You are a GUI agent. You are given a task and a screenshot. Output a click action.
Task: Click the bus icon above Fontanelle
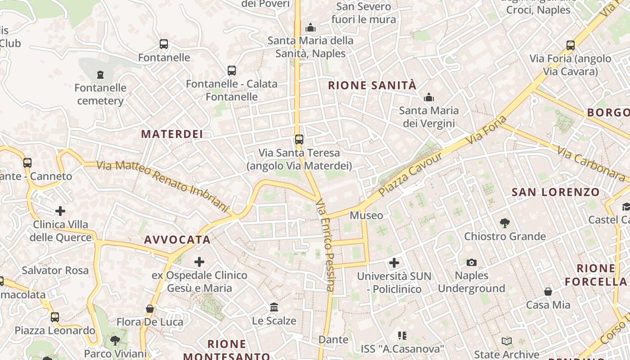click(164, 44)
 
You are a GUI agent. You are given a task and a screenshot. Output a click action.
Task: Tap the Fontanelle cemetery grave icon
click(100, 74)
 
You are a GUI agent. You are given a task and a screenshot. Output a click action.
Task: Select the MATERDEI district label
click(172, 134)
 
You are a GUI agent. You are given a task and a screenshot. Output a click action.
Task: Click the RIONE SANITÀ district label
click(372, 85)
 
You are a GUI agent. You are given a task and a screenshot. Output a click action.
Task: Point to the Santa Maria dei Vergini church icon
click(429, 97)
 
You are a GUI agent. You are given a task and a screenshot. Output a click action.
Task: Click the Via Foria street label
click(487, 130)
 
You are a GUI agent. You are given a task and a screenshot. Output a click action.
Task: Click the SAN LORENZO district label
click(556, 193)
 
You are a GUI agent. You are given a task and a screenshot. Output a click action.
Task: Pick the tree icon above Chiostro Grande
click(505, 222)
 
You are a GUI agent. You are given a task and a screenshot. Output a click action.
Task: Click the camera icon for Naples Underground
click(471, 262)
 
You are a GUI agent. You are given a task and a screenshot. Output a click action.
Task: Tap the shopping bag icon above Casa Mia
click(548, 292)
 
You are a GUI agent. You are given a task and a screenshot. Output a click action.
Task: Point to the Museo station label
click(366, 216)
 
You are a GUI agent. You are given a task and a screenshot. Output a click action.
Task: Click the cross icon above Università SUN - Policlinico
click(394, 262)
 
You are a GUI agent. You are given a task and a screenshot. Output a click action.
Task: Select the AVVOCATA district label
click(177, 240)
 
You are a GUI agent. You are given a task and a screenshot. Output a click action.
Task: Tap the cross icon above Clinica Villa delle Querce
click(60, 211)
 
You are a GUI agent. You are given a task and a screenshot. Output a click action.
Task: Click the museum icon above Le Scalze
click(274, 307)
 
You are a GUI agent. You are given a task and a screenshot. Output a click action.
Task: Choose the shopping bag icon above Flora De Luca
click(150, 309)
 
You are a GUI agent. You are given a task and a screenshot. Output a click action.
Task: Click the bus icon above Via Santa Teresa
click(299, 139)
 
